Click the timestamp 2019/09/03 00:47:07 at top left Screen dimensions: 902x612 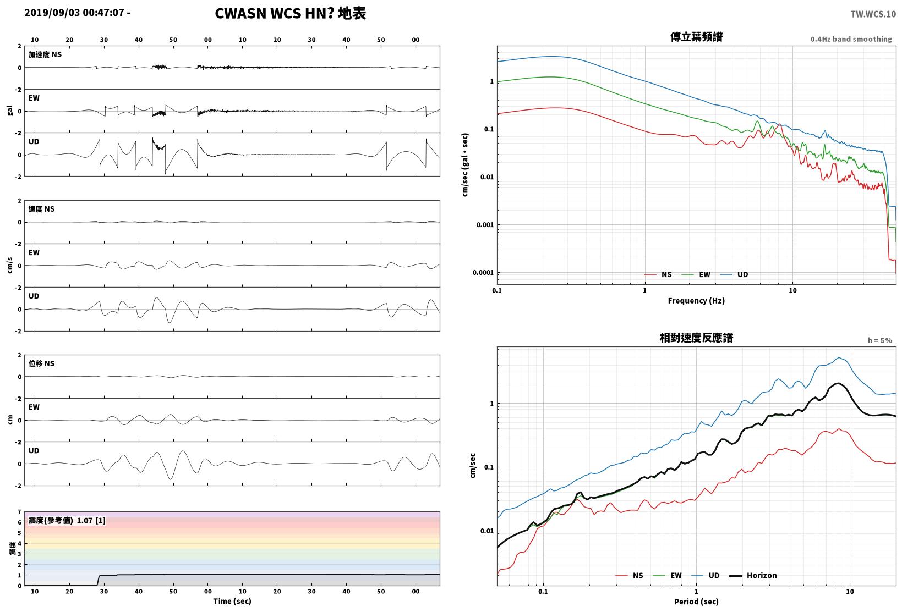pos(74,13)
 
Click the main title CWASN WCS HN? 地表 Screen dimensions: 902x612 pos(291,13)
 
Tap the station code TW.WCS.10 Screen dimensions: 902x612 pos(873,14)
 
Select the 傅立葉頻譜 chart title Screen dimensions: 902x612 pos(696,37)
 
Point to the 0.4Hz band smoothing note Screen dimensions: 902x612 pos(851,39)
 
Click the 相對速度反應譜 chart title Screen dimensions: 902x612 pos(696,338)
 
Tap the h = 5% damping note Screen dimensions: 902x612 pos(879,340)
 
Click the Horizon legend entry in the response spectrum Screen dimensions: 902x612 pos(753,575)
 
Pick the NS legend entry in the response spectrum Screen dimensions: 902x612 pos(630,575)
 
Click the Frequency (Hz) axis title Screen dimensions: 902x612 pos(696,301)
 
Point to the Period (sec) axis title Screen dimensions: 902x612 pos(696,602)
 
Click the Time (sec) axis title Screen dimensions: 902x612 pos(232,601)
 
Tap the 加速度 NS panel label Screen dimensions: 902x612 pos(45,54)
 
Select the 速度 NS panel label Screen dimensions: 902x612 pos(41,209)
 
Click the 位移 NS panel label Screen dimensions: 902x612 pos(41,363)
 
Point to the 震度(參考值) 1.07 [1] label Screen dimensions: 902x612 pos(67,520)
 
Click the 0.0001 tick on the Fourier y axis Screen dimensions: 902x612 pos(483,272)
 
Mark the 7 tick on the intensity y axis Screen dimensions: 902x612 pos(19,512)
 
